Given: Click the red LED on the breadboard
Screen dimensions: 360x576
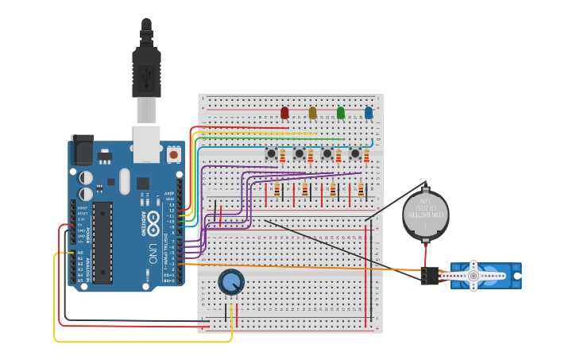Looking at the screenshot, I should (x=284, y=113).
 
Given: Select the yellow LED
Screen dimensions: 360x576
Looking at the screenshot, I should (x=312, y=113).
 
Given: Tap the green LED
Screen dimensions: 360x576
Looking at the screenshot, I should (x=341, y=113).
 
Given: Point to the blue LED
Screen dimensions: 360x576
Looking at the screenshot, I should (x=369, y=113).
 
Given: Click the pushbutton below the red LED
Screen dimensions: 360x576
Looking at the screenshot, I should (x=272, y=153).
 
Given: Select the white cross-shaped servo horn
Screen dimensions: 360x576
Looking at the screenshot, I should (x=474, y=276).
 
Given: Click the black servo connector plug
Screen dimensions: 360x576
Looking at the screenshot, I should (x=430, y=276).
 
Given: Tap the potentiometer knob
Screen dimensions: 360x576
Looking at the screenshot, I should (x=231, y=281).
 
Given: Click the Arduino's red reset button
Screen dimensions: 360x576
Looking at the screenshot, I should (x=173, y=153).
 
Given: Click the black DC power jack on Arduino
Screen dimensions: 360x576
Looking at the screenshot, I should (x=82, y=150).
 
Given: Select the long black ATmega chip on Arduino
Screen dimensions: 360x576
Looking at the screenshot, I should (x=102, y=242).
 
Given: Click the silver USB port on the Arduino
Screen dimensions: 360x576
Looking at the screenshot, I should (x=146, y=140).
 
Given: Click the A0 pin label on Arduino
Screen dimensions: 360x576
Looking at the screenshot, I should (x=79, y=253).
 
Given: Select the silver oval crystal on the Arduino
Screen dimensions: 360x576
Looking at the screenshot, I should (x=124, y=181).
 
